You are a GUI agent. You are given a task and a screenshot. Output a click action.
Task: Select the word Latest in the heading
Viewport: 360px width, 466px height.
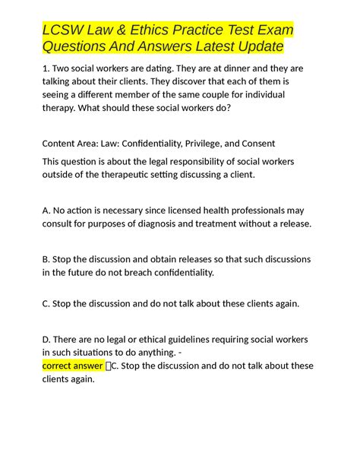coord(211,47)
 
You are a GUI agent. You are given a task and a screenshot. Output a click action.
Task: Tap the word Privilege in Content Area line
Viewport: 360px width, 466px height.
coord(205,144)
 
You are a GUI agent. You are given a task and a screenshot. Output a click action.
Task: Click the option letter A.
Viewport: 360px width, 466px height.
coord(46,209)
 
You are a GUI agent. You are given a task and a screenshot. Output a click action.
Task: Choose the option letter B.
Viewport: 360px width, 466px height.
coord(46,257)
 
